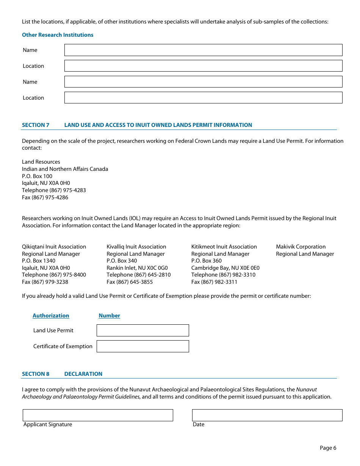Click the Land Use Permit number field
tap(142, 330)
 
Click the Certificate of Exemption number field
tap(142, 346)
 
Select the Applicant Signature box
tap(98, 415)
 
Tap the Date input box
tap(267, 415)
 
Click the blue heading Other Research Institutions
tap(58, 35)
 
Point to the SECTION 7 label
tap(36, 125)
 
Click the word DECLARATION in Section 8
tap(83, 374)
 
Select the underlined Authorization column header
tap(51, 316)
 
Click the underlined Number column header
tap(109, 316)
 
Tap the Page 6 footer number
tap(328, 448)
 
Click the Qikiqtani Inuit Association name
tap(54, 247)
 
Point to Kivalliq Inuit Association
tap(136, 247)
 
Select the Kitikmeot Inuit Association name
tap(224, 247)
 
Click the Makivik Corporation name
tap(301, 247)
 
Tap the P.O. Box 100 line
tap(37, 176)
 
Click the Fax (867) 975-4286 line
tap(45, 197)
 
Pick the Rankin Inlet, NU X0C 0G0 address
tap(137, 268)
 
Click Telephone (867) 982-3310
tap(223, 275)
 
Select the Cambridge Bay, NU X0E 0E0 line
tap(225, 268)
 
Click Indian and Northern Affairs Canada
tap(65, 169)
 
